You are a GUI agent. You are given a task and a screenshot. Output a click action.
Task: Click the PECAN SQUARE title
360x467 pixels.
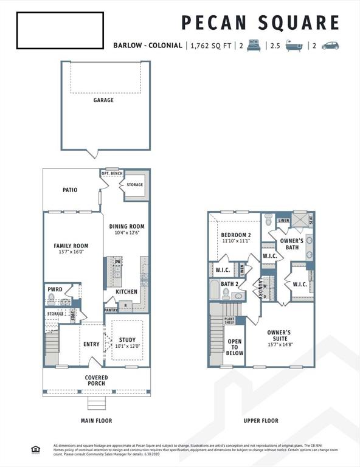click(260, 22)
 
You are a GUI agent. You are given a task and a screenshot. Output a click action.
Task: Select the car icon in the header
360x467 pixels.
click(330, 46)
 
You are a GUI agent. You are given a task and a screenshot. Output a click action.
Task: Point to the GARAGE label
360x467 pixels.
click(103, 100)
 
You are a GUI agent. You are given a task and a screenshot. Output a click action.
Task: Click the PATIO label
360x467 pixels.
click(70, 190)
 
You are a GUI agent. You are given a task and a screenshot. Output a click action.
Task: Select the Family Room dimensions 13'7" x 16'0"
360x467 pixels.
click(71, 252)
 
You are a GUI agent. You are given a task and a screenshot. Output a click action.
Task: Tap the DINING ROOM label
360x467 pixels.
click(126, 226)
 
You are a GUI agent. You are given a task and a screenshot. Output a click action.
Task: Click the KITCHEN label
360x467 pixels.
click(126, 291)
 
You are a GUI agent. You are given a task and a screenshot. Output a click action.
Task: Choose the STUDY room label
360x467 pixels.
click(128, 340)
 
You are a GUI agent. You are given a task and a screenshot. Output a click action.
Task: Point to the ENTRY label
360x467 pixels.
click(91, 344)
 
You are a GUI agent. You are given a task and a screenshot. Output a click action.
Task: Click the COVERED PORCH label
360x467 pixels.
click(96, 380)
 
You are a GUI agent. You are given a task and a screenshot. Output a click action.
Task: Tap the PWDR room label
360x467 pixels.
click(55, 289)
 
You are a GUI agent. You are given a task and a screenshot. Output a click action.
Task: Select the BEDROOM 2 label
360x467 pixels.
click(235, 235)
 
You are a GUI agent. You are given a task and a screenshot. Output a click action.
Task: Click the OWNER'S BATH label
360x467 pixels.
click(291, 244)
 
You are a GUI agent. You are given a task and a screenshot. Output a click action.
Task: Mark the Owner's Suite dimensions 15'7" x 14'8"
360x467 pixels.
click(279, 344)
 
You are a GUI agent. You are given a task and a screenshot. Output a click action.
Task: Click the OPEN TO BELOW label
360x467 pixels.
click(235, 347)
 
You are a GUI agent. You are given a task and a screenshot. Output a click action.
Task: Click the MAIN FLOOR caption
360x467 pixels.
click(96, 420)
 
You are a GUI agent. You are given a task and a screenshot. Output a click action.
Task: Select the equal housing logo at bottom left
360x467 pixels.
click(35, 449)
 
